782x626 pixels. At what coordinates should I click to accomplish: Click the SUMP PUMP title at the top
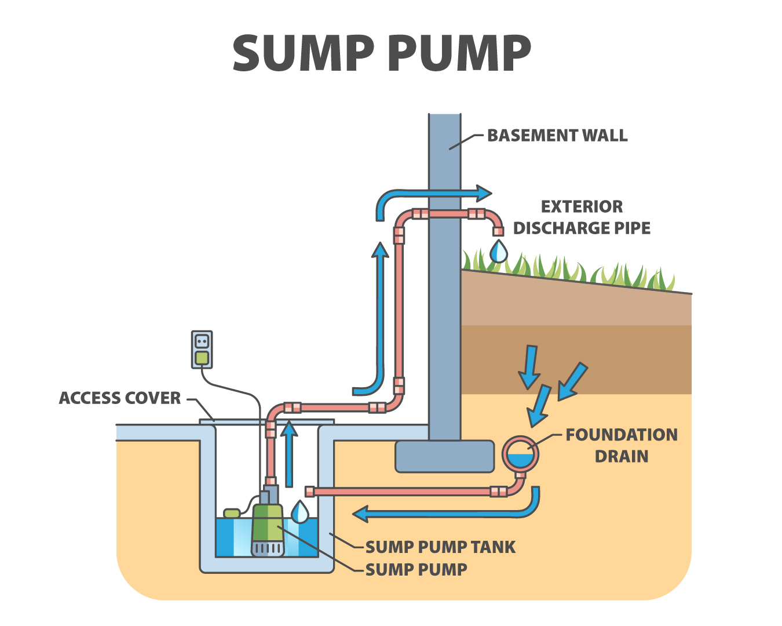[x=382, y=53]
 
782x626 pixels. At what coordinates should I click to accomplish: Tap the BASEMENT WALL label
[x=557, y=136]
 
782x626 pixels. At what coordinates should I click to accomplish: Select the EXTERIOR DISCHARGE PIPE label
[x=582, y=217]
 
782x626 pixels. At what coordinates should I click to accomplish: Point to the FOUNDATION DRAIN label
[x=621, y=445]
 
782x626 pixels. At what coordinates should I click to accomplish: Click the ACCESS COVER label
[x=120, y=398]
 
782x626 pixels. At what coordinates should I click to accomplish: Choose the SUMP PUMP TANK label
[x=440, y=547]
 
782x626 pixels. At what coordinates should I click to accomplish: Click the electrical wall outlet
[x=202, y=350]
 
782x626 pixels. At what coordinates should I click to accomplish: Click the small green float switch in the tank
[x=232, y=513]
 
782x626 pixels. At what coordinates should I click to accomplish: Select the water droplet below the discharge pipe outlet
[x=498, y=252]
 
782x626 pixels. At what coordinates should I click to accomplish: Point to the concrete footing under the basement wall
[x=444, y=456]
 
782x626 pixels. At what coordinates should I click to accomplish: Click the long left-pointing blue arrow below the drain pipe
[x=440, y=513]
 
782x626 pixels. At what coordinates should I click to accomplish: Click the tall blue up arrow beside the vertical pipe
[x=380, y=313]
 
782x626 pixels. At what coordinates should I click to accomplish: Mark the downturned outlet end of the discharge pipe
[x=498, y=231]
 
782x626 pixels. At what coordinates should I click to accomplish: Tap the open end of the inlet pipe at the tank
[x=310, y=492]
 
